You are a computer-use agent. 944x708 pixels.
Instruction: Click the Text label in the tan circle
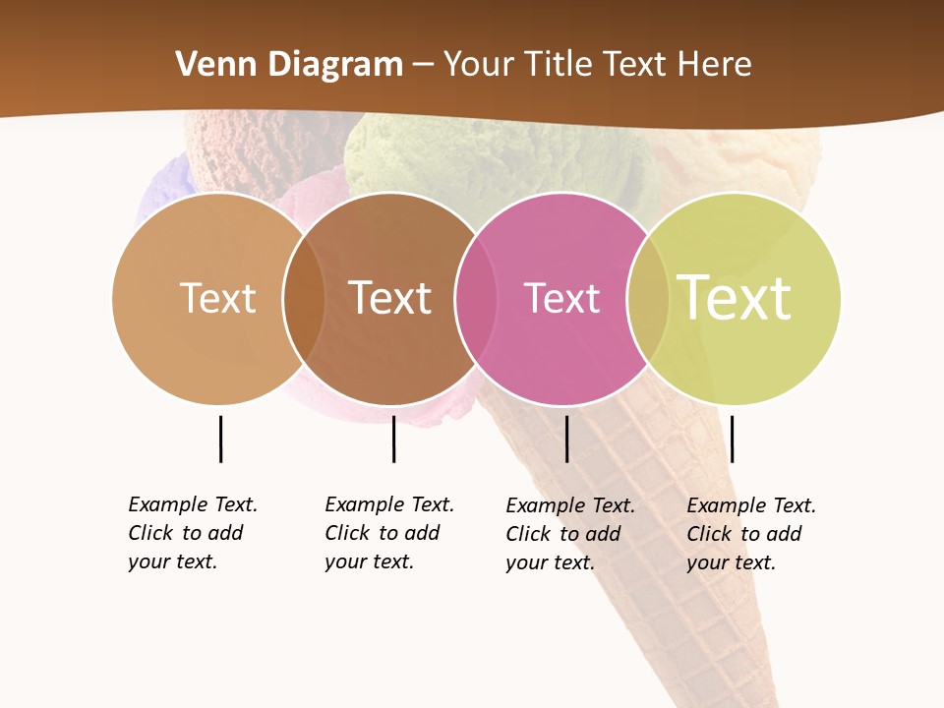click(x=217, y=298)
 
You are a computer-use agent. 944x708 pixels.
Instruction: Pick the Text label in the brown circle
click(x=390, y=298)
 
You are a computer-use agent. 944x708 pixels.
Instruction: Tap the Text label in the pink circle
click(x=561, y=298)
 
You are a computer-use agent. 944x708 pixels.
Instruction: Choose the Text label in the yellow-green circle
click(x=735, y=298)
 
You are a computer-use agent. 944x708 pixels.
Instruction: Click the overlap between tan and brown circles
click(x=304, y=299)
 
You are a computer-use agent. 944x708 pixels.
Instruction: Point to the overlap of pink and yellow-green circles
click(x=648, y=299)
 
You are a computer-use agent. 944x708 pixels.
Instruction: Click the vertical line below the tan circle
click(x=220, y=439)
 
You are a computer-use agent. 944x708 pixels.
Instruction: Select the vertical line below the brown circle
click(x=393, y=439)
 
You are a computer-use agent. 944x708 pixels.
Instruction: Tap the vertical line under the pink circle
click(x=566, y=439)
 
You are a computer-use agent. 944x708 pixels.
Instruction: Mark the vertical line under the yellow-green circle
click(x=732, y=439)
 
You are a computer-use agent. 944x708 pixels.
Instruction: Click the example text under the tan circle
click(x=193, y=533)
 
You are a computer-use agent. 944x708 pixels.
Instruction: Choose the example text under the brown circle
click(x=389, y=533)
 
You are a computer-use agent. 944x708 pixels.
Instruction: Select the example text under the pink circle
click(x=570, y=534)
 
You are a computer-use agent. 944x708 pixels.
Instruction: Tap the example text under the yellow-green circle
click(x=751, y=534)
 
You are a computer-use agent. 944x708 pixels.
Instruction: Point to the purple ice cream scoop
click(x=162, y=187)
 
